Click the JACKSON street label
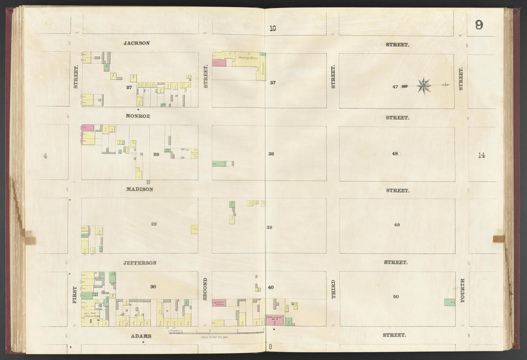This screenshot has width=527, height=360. [x=137, y=43]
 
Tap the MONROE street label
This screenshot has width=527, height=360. [x=138, y=116]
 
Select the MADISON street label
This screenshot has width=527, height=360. [x=139, y=189]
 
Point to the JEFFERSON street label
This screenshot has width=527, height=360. [x=140, y=263]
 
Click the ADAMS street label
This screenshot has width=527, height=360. [x=141, y=336]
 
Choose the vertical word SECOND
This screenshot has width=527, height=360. [x=206, y=289]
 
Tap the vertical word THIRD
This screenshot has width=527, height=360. [x=333, y=289]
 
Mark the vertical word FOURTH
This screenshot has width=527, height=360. [x=462, y=290]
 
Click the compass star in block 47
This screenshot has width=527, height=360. [x=424, y=86]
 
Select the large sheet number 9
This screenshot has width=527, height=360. [x=479, y=25]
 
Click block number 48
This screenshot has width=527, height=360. [x=394, y=154]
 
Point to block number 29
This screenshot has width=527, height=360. [x=154, y=224]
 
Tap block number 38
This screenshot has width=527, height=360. [x=271, y=154]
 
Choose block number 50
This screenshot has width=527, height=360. [x=396, y=297]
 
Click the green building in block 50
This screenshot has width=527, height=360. [x=449, y=302]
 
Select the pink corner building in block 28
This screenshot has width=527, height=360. [x=87, y=128]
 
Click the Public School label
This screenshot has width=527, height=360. [x=274, y=317]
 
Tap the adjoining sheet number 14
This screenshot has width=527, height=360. [x=481, y=155]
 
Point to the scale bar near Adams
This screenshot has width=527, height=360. [x=216, y=332]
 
